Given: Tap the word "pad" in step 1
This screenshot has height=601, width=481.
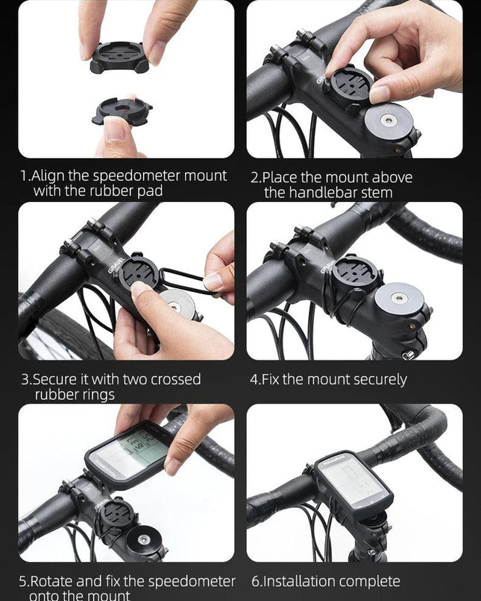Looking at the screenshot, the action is tap(150, 191).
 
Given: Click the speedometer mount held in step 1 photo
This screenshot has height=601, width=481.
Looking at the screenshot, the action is tap(119, 57).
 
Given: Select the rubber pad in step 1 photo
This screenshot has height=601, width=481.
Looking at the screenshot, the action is tap(122, 111).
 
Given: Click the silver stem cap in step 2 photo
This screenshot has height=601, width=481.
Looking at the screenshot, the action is tap(389, 122).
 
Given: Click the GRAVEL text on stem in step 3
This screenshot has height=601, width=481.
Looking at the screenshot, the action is tap(116, 266).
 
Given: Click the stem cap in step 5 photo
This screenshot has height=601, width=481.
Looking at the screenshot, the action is tap(144, 539).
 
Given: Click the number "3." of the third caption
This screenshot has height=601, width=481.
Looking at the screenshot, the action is tap(27, 380).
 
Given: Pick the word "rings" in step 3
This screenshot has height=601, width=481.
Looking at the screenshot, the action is tap(96, 395).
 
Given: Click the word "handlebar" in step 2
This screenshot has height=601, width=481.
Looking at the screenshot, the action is tap(322, 192).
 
